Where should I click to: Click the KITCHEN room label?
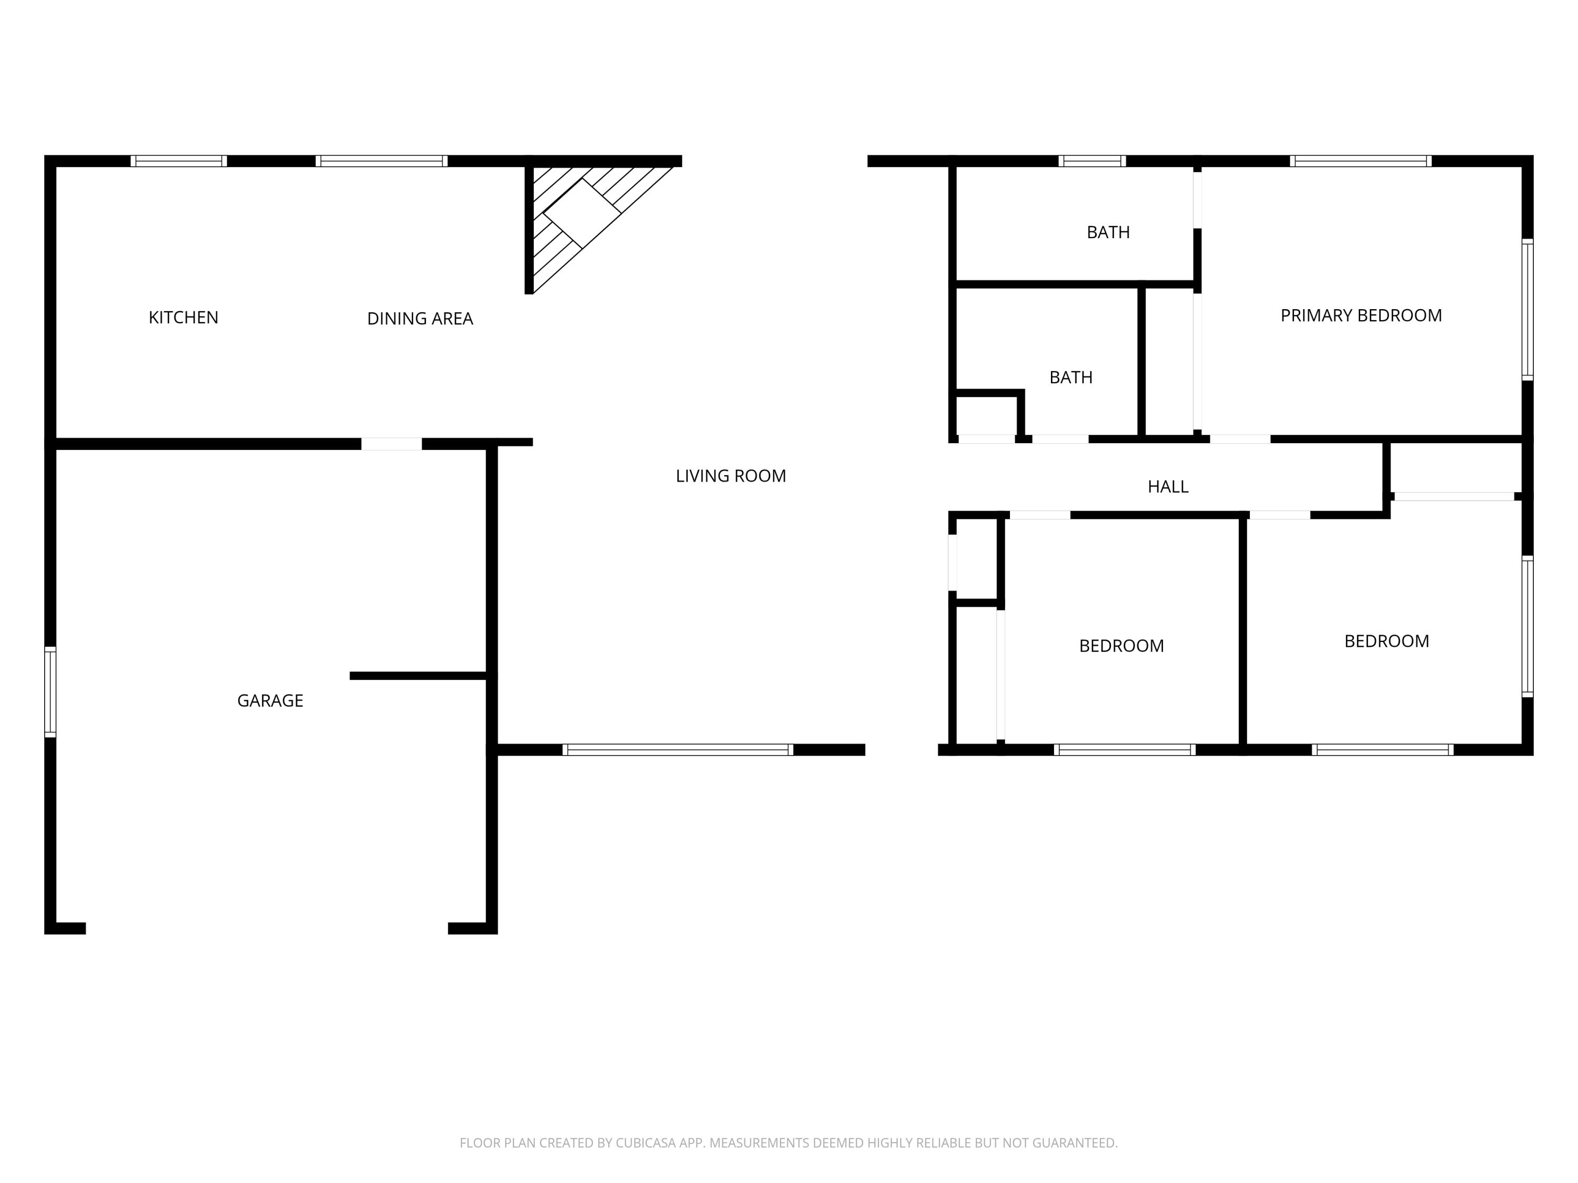[x=184, y=318]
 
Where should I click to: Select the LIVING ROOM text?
[x=731, y=476]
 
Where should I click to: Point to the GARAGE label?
[x=270, y=700]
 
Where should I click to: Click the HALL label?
[x=1167, y=486]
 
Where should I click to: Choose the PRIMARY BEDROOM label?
[x=1360, y=315]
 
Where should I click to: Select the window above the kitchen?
[x=178, y=161]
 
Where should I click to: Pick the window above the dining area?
[x=382, y=161]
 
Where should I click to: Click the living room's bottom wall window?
[x=677, y=749]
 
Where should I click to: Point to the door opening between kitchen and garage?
[x=391, y=444]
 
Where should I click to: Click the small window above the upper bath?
[x=1091, y=161]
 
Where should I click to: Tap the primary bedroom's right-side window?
[x=1526, y=309]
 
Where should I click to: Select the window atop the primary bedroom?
[x=1360, y=161]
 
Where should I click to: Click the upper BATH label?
[x=1108, y=232]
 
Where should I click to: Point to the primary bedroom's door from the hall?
[x=1240, y=439]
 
